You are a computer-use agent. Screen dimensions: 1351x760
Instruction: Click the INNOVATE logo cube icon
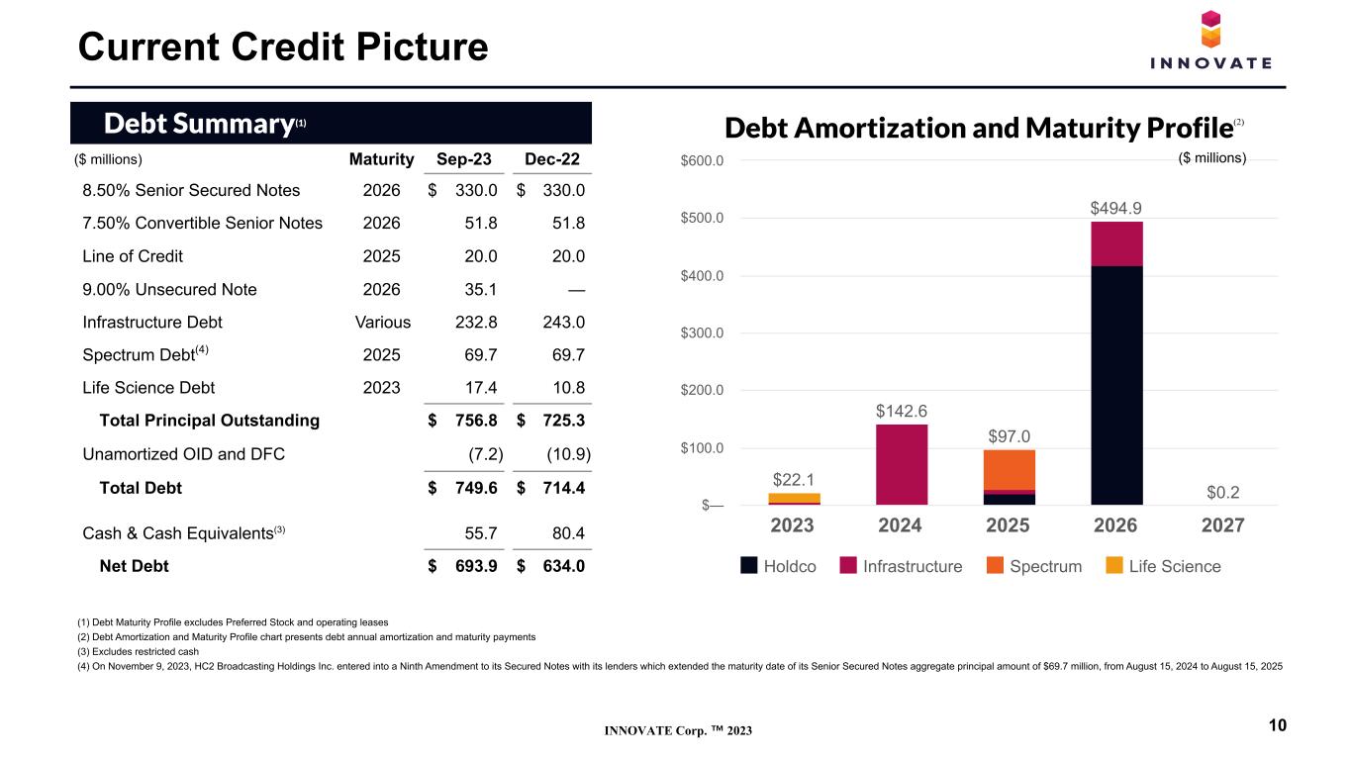pos(1210,29)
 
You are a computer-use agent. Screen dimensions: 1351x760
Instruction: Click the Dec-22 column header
pos(552,159)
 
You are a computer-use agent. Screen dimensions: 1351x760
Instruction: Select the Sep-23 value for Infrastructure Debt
pos(476,322)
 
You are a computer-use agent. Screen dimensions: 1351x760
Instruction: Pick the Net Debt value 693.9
pos(476,566)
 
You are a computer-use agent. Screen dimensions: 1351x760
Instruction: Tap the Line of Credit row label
pos(132,256)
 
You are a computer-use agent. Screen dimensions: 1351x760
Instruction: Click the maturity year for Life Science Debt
pos(381,387)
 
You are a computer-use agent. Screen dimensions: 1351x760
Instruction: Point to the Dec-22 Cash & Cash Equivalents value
pos(568,533)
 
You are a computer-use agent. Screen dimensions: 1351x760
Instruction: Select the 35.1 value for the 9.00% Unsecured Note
pos(481,290)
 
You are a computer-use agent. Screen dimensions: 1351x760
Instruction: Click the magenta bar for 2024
pos(902,464)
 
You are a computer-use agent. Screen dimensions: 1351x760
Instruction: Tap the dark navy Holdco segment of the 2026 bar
pos(1116,385)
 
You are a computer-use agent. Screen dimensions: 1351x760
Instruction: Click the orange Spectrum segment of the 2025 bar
pos(1009,470)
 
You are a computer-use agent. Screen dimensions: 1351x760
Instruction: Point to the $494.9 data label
pos(1115,209)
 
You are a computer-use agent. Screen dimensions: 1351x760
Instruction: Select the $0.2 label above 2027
pos(1223,493)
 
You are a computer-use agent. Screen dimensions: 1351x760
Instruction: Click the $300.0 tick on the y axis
pos(702,332)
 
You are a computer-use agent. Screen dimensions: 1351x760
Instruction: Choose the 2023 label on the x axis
pos(792,525)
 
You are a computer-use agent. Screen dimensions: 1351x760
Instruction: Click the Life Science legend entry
pos(1163,566)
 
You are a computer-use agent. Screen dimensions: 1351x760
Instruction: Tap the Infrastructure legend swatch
pos(848,565)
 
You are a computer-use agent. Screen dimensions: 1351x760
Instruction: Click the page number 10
pos(1278,725)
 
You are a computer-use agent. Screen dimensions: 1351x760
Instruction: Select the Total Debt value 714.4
pos(563,488)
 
